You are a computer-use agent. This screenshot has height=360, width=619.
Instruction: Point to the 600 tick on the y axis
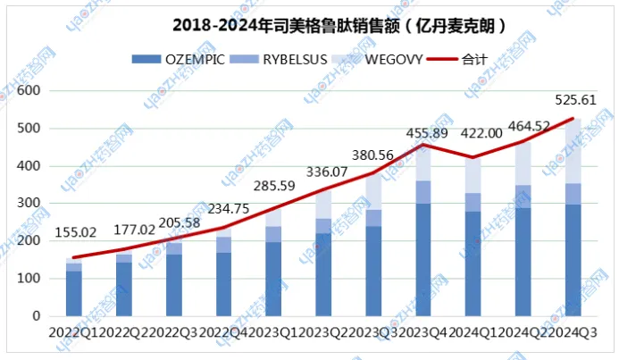[30, 91]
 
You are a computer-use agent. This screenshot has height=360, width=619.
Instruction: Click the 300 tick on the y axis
[30, 204]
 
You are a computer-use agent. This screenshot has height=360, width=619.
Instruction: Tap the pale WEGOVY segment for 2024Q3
[573, 151]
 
